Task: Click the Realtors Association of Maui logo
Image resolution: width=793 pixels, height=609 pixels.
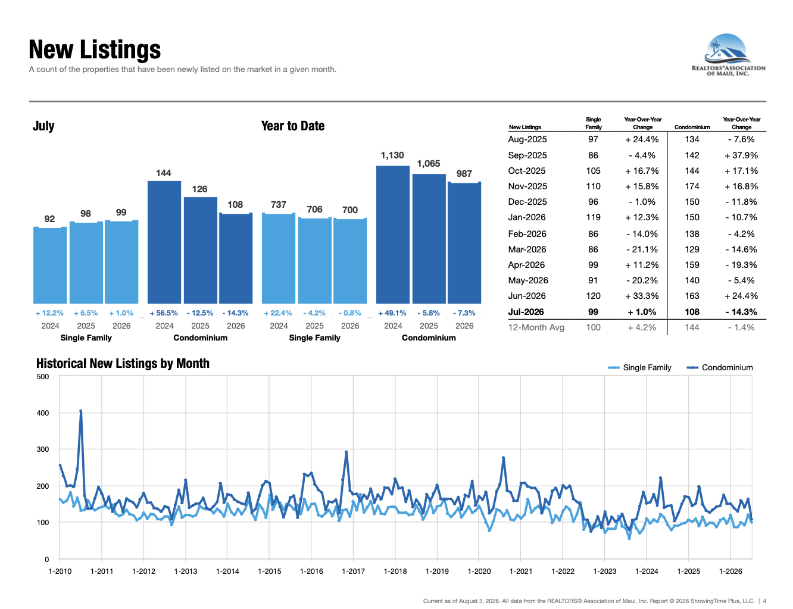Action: (x=728, y=55)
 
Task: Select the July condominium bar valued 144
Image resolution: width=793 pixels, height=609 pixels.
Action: (x=164, y=242)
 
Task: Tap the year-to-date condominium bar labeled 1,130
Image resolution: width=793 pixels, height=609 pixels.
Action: (x=393, y=235)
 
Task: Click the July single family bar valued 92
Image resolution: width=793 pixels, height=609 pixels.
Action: (x=50, y=266)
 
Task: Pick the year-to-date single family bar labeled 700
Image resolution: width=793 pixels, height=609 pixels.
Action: (x=350, y=261)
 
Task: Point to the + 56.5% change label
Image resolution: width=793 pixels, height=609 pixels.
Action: (x=164, y=313)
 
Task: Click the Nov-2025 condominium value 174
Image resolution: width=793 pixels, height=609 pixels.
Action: (x=692, y=186)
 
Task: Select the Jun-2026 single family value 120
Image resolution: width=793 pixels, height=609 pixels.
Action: (x=593, y=296)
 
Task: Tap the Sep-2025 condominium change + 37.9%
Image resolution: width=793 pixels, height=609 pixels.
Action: (x=741, y=155)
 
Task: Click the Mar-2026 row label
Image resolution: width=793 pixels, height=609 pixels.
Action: (x=527, y=249)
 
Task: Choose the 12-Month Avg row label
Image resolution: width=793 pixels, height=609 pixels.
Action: (x=536, y=327)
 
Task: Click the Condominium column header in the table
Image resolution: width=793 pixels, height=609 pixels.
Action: (x=692, y=127)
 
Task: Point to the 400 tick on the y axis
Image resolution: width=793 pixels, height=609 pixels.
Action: (x=43, y=413)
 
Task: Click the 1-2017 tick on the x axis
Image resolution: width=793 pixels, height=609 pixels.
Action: (x=353, y=571)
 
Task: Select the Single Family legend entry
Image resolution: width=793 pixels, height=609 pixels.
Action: (x=639, y=367)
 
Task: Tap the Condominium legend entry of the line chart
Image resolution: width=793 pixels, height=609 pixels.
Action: (x=720, y=367)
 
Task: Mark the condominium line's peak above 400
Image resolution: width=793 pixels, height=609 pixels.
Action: (x=80, y=411)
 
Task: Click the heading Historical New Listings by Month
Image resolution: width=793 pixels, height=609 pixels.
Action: (x=123, y=363)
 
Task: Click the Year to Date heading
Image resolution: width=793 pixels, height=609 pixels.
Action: (x=293, y=126)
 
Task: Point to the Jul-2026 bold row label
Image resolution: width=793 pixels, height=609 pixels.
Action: (x=526, y=312)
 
